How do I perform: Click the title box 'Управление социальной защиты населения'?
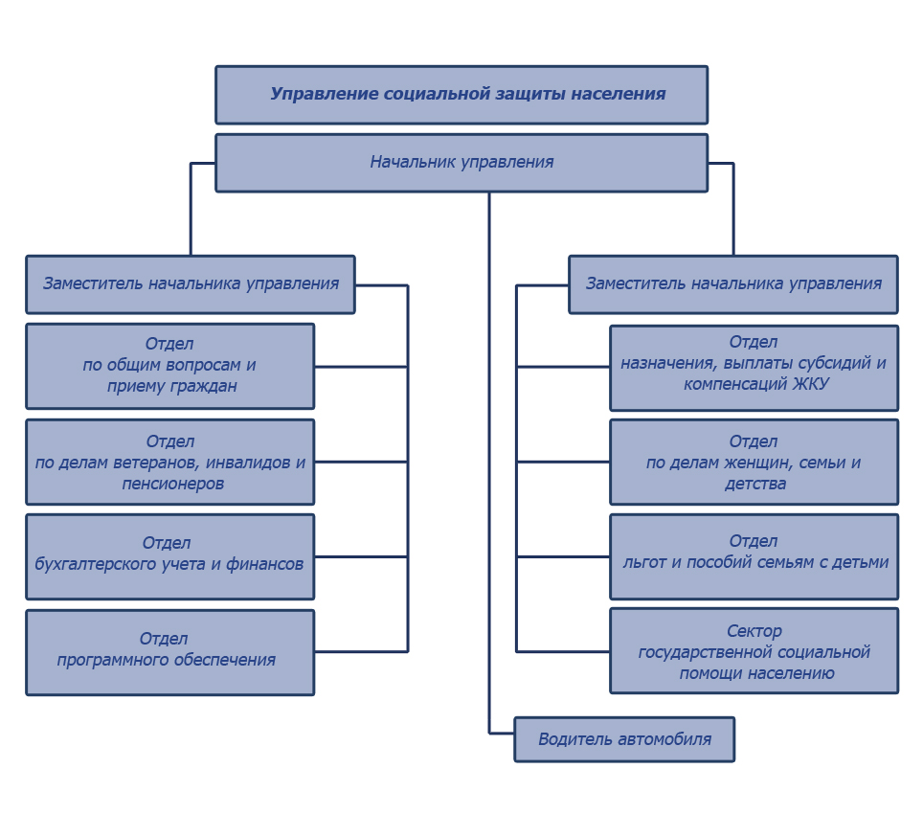click(461, 95)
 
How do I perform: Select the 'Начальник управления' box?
click(461, 163)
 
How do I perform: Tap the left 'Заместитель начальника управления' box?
click(191, 284)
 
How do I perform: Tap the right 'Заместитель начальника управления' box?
click(733, 284)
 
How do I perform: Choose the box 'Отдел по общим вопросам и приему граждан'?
click(170, 366)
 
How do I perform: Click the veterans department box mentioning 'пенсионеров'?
click(170, 462)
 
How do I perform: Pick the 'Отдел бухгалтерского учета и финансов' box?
click(170, 556)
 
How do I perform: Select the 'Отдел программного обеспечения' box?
click(170, 652)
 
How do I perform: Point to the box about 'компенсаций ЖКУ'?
click(754, 368)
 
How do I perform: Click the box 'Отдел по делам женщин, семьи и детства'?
click(754, 462)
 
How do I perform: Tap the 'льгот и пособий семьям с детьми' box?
click(754, 556)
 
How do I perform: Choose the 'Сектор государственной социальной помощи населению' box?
click(754, 651)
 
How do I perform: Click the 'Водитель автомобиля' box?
click(624, 739)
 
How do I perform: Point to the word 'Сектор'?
click(754, 631)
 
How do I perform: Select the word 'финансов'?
click(265, 564)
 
